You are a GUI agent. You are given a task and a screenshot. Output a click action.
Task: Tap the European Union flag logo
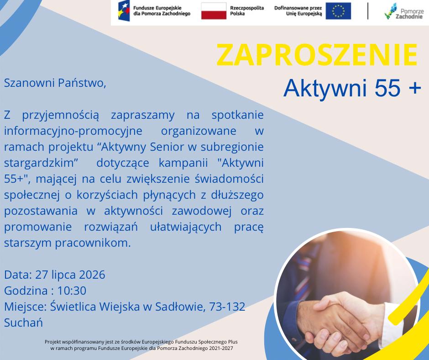pos(338,11)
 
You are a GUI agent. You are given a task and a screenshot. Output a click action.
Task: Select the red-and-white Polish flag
pos(214,11)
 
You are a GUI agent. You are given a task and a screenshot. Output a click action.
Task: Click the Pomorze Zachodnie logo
pos(404,11)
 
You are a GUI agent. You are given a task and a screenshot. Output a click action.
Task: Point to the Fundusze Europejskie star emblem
pos(124,11)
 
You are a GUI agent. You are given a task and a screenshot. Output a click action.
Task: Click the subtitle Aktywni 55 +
pos(352,88)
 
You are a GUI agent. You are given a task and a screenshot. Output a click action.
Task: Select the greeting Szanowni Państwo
pos(55,83)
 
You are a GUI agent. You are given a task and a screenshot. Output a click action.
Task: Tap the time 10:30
pos(72,291)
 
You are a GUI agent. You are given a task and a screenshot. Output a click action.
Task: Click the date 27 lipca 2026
pos(70,275)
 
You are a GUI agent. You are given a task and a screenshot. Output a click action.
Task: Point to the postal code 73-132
pos(227,307)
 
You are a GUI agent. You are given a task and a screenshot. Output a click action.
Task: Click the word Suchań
pos(23,323)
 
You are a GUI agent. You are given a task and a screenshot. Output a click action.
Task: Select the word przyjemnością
pos(60,115)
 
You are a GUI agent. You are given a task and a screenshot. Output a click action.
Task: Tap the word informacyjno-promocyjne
pos(73,131)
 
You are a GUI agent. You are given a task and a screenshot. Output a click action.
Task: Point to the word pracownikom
pos(93,243)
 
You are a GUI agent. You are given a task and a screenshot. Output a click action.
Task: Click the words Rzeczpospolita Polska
pos(247,11)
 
